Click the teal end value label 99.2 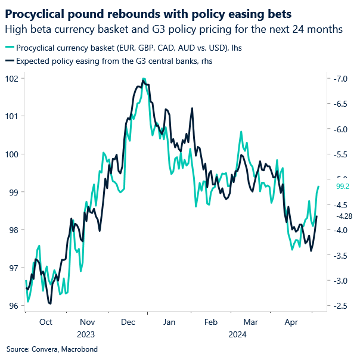pyautogui.click(x=343, y=187)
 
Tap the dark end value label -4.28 pyautogui.click(x=345, y=216)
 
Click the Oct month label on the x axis pyautogui.click(x=46, y=322)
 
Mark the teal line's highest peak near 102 pyautogui.click(x=144, y=79)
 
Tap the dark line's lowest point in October pyautogui.click(x=50, y=303)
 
